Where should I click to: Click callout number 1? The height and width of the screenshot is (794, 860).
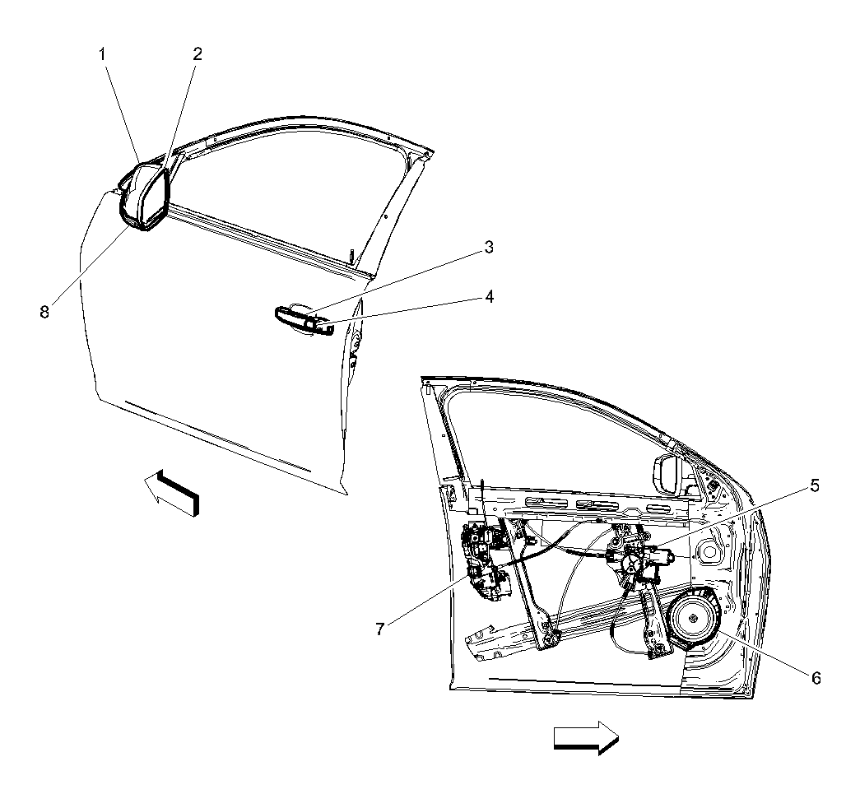point(103,54)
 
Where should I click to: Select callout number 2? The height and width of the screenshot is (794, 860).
point(197,53)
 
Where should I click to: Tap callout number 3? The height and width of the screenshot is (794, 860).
point(489,248)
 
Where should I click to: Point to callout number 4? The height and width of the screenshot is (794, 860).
point(489,297)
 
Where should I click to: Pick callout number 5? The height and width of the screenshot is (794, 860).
point(815,485)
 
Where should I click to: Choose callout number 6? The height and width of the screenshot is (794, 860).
point(816,678)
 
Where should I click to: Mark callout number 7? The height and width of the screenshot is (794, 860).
point(380,629)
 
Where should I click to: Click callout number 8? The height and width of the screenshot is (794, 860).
point(44,312)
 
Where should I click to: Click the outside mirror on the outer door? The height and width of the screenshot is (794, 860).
point(144,197)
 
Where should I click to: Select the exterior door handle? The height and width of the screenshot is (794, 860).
point(304,320)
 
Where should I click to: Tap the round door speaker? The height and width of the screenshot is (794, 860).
point(692,618)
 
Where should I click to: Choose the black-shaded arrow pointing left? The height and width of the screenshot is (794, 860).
point(171,492)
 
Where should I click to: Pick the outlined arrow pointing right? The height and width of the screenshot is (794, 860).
point(586,737)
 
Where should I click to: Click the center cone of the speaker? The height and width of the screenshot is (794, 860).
point(692,618)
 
